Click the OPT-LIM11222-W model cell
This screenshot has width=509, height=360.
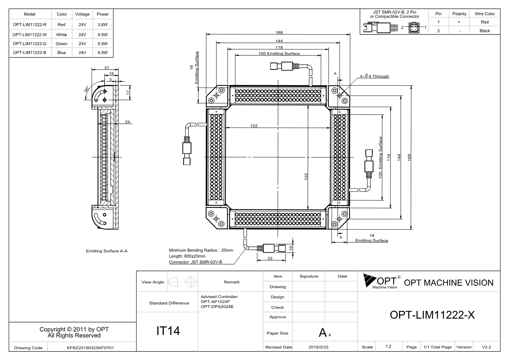[29, 35]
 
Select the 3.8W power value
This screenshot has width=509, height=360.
[102, 25]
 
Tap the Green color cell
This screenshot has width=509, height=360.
[61, 44]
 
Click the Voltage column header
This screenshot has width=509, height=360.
[82, 14]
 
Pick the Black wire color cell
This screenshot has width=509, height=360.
[485, 31]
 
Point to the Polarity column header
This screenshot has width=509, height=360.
[459, 14]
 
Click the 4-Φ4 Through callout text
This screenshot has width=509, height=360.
[374, 76]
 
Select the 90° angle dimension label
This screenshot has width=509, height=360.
[86, 89]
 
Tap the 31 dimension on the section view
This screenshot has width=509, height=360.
[106, 68]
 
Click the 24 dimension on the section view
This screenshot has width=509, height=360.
[128, 122]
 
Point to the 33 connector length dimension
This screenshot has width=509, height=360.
[270, 258]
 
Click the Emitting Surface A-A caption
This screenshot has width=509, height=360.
[106, 251]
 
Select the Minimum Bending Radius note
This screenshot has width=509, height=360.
[201, 250]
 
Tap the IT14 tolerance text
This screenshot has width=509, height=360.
[168, 331]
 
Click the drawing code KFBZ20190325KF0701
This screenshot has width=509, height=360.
[90, 348]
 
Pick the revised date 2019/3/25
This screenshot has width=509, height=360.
[318, 347]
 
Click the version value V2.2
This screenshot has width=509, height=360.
[486, 347]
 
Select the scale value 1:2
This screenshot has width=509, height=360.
[388, 346]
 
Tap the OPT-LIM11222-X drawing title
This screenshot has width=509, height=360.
[432, 315]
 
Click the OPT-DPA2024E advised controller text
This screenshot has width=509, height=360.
[217, 307]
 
